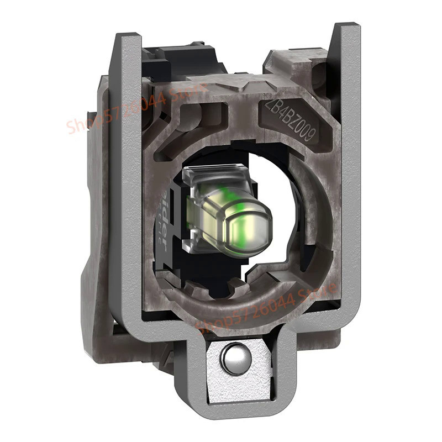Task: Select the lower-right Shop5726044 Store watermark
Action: tap(265, 310)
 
